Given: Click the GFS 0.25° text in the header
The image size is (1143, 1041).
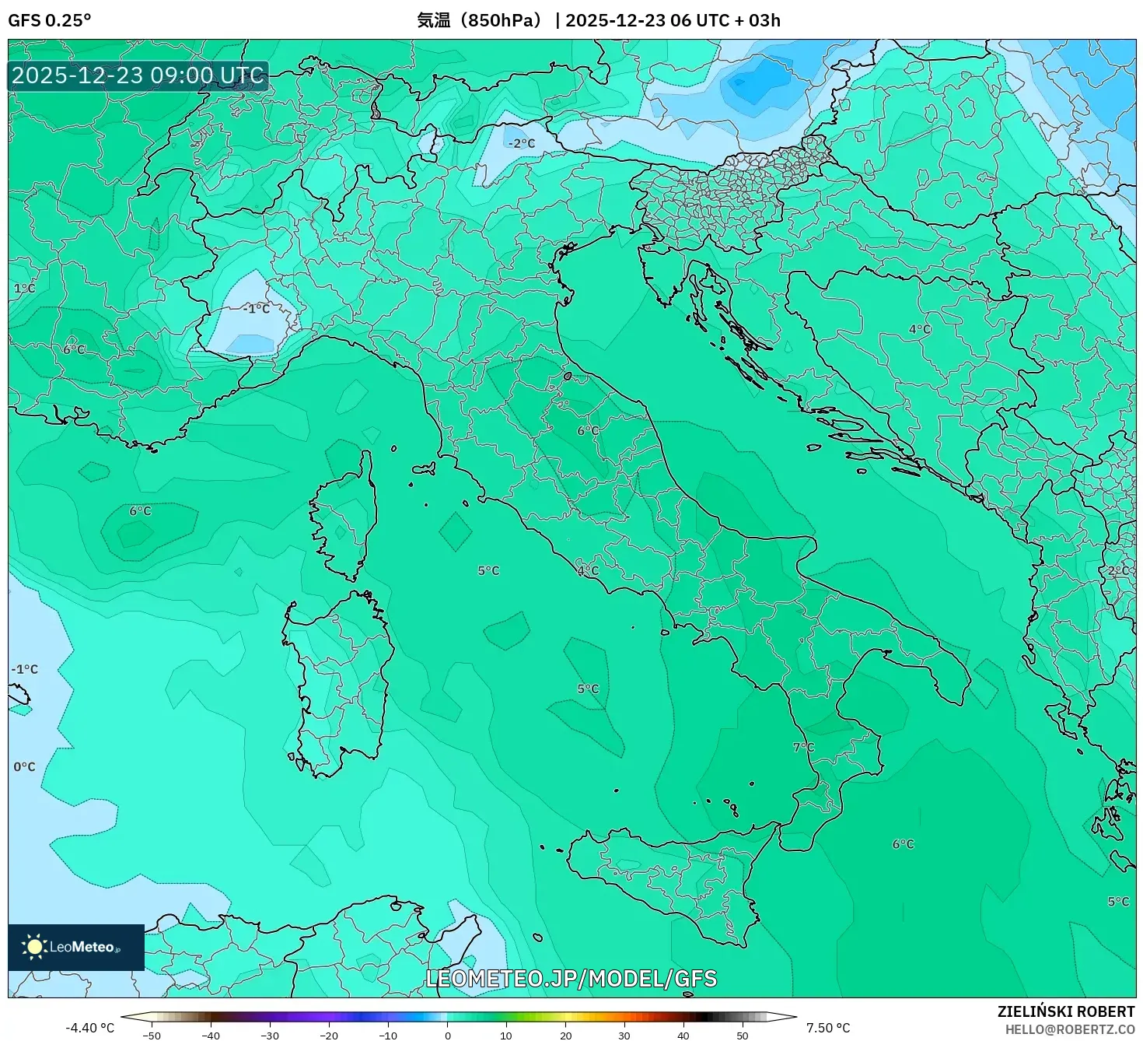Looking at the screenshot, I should pos(49,20).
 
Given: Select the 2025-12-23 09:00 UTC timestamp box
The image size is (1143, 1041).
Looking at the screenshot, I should pos(138,75).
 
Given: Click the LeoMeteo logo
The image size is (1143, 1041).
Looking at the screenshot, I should pos(76,947).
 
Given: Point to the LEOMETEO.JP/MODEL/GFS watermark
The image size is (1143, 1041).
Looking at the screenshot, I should pos(571,978).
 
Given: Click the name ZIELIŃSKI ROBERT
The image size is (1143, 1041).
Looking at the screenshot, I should pos(1065,1011).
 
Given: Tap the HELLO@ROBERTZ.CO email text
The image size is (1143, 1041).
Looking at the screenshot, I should pos(1070,1029).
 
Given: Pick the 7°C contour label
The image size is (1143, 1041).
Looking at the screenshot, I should pos(803,747).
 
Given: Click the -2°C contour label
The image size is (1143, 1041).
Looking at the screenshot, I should pos(522,143).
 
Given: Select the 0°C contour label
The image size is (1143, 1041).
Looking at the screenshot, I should pos(24,766).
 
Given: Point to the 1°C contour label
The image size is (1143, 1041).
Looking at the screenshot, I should pos(24,288).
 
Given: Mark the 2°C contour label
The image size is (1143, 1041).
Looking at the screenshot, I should pos(1118,570).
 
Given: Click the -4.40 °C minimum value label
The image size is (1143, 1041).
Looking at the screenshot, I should pos(89,1028).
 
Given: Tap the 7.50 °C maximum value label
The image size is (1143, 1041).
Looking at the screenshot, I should pos(827,1028).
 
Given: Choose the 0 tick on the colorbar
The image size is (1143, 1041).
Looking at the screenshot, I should pos(447,1036).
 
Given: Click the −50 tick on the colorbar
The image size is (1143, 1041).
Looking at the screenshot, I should pos(152,1036).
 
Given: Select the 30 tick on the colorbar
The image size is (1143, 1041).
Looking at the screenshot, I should pos(624,1036).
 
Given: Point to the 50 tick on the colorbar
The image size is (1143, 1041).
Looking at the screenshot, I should pos(743,1036).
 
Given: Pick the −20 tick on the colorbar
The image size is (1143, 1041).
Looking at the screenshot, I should pos(329,1036).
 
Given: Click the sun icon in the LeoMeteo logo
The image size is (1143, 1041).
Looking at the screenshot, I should pos(34,947).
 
